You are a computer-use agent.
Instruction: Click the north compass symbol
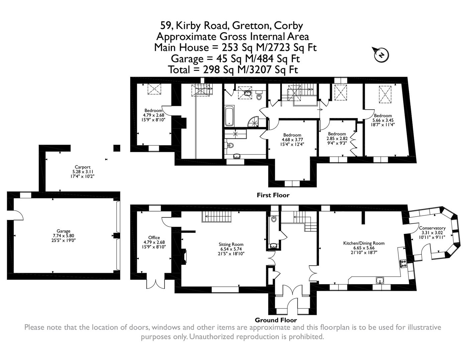(x=381, y=54)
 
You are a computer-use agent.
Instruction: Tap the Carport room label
(x=83, y=167)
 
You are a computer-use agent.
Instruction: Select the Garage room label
(x=63, y=231)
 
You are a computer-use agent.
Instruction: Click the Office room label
(x=154, y=238)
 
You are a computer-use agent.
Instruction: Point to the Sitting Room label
(x=231, y=244)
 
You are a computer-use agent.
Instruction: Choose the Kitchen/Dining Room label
(x=364, y=243)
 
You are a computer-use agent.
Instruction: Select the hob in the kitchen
(x=403, y=264)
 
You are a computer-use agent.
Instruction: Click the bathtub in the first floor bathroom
(x=230, y=116)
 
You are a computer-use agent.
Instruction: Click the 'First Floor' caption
(x=273, y=195)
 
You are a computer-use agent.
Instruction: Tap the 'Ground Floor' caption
(x=276, y=320)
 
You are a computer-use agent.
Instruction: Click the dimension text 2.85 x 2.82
(x=337, y=138)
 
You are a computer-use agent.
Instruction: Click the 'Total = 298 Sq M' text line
(x=233, y=70)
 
